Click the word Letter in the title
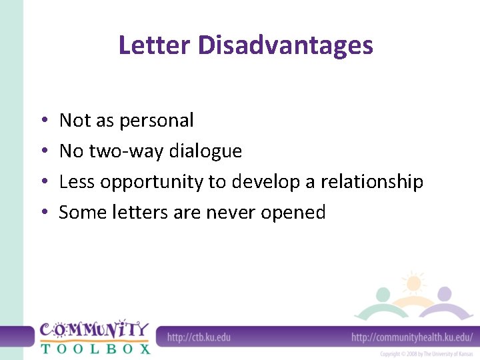point(155,45)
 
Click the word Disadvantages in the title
point(285,45)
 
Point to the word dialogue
point(205,152)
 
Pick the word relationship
point(372,182)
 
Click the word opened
point(293,213)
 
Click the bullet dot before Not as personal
point(43,121)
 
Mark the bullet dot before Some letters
point(43,213)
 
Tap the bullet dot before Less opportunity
point(43,183)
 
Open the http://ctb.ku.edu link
point(199,337)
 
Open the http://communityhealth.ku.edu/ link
point(411,337)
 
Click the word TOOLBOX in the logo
point(95,348)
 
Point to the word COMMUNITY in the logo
point(94,329)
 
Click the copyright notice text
point(426,354)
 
